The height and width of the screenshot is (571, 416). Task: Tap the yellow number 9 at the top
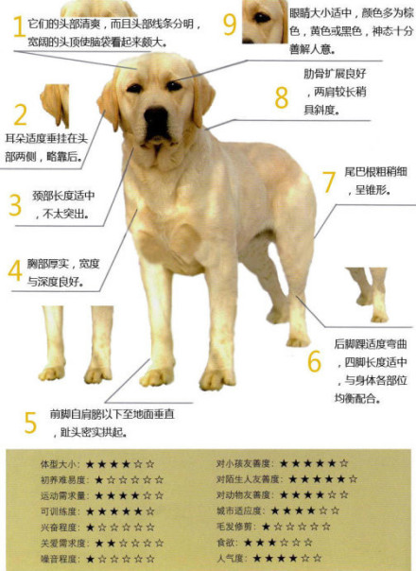coord(228,24)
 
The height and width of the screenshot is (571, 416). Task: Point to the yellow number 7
coord(328,182)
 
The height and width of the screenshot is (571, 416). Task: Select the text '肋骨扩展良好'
coord(327,73)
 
